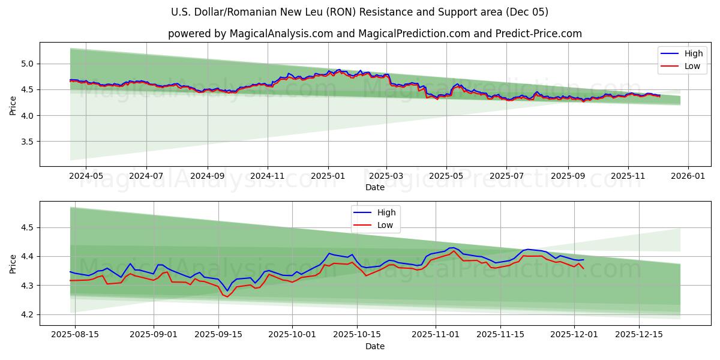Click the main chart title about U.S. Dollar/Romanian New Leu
[x=359, y=12]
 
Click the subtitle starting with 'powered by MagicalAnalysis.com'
[x=374, y=34]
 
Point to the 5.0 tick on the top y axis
[x=27, y=64]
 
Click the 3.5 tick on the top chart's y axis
[x=27, y=142]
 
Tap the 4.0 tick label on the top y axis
[x=27, y=116]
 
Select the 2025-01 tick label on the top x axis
[x=328, y=176]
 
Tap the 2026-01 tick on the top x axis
[x=688, y=176]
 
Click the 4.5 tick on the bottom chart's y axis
[x=27, y=228]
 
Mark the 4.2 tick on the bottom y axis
[x=27, y=315]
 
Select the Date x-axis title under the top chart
[x=374, y=187]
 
